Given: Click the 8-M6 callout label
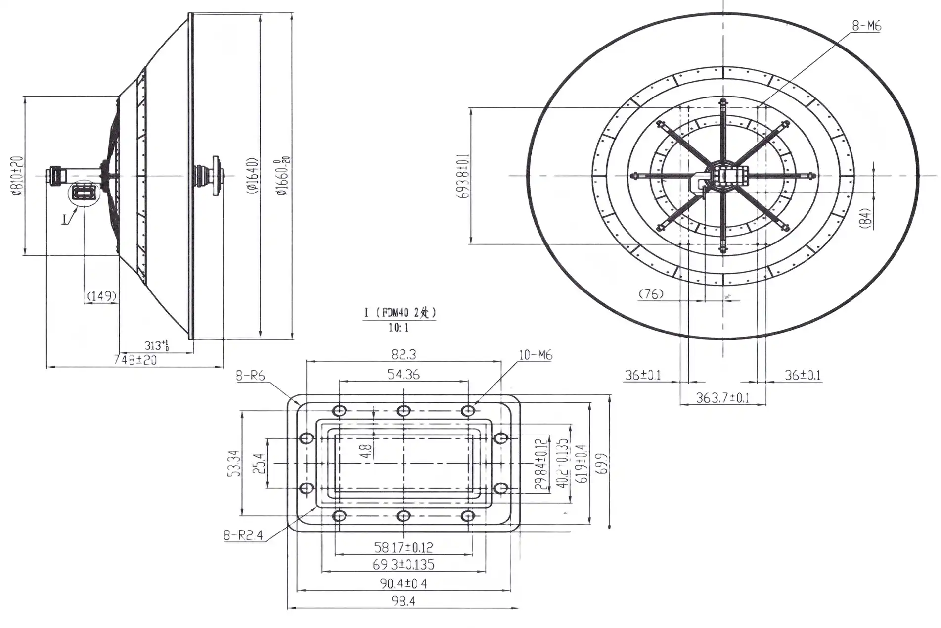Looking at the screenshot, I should [866, 26].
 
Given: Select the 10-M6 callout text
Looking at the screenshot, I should [536, 355].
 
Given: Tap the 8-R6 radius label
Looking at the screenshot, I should [250, 376].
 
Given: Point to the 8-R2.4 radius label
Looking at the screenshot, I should [243, 535].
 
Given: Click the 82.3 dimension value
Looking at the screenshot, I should [403, 354].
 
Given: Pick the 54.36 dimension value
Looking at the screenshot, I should [403, 374].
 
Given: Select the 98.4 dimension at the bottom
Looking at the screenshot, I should [403, 602].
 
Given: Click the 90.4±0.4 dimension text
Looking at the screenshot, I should [403, 583].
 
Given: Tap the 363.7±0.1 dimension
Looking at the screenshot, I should [722, 397].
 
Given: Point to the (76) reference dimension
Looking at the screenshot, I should [651, 294].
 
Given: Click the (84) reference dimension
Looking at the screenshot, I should [865, 217].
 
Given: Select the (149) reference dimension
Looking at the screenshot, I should [101, 296].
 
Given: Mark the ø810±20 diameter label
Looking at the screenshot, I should [17, 176].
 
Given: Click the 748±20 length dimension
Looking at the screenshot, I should [135, 360].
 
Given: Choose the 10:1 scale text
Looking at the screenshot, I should [398, 328].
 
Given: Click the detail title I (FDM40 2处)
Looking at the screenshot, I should [400, 312].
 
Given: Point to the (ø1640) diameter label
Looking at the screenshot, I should [252, 176].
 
